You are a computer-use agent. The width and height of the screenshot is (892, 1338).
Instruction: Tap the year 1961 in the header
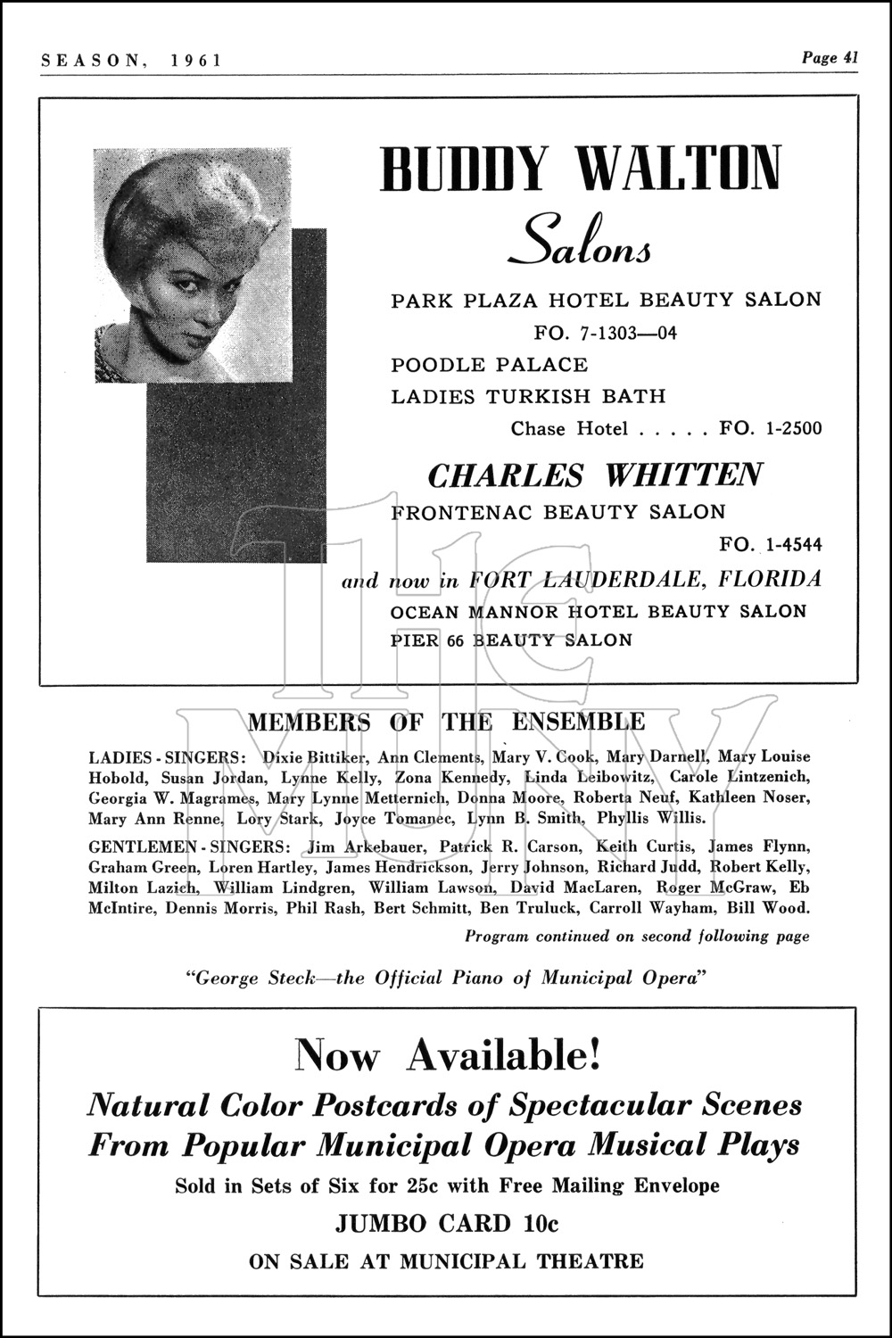pos(196,60)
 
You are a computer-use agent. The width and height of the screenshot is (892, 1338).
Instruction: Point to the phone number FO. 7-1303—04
pos(606,333)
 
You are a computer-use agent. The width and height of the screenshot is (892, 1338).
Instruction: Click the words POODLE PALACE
pos(490,365)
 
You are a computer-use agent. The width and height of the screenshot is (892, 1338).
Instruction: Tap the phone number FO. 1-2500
pos(771,428)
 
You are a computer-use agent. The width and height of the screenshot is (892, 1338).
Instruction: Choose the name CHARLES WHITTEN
pos(595,475)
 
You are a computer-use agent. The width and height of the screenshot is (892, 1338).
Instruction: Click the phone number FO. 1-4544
pos(771,544)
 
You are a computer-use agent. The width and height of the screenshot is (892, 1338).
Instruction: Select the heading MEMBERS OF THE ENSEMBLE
pos(446,722)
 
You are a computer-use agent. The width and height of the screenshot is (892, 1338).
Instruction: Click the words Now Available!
pos(448,1055)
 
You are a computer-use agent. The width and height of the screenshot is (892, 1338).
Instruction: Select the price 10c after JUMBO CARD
pos(541,1223)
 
